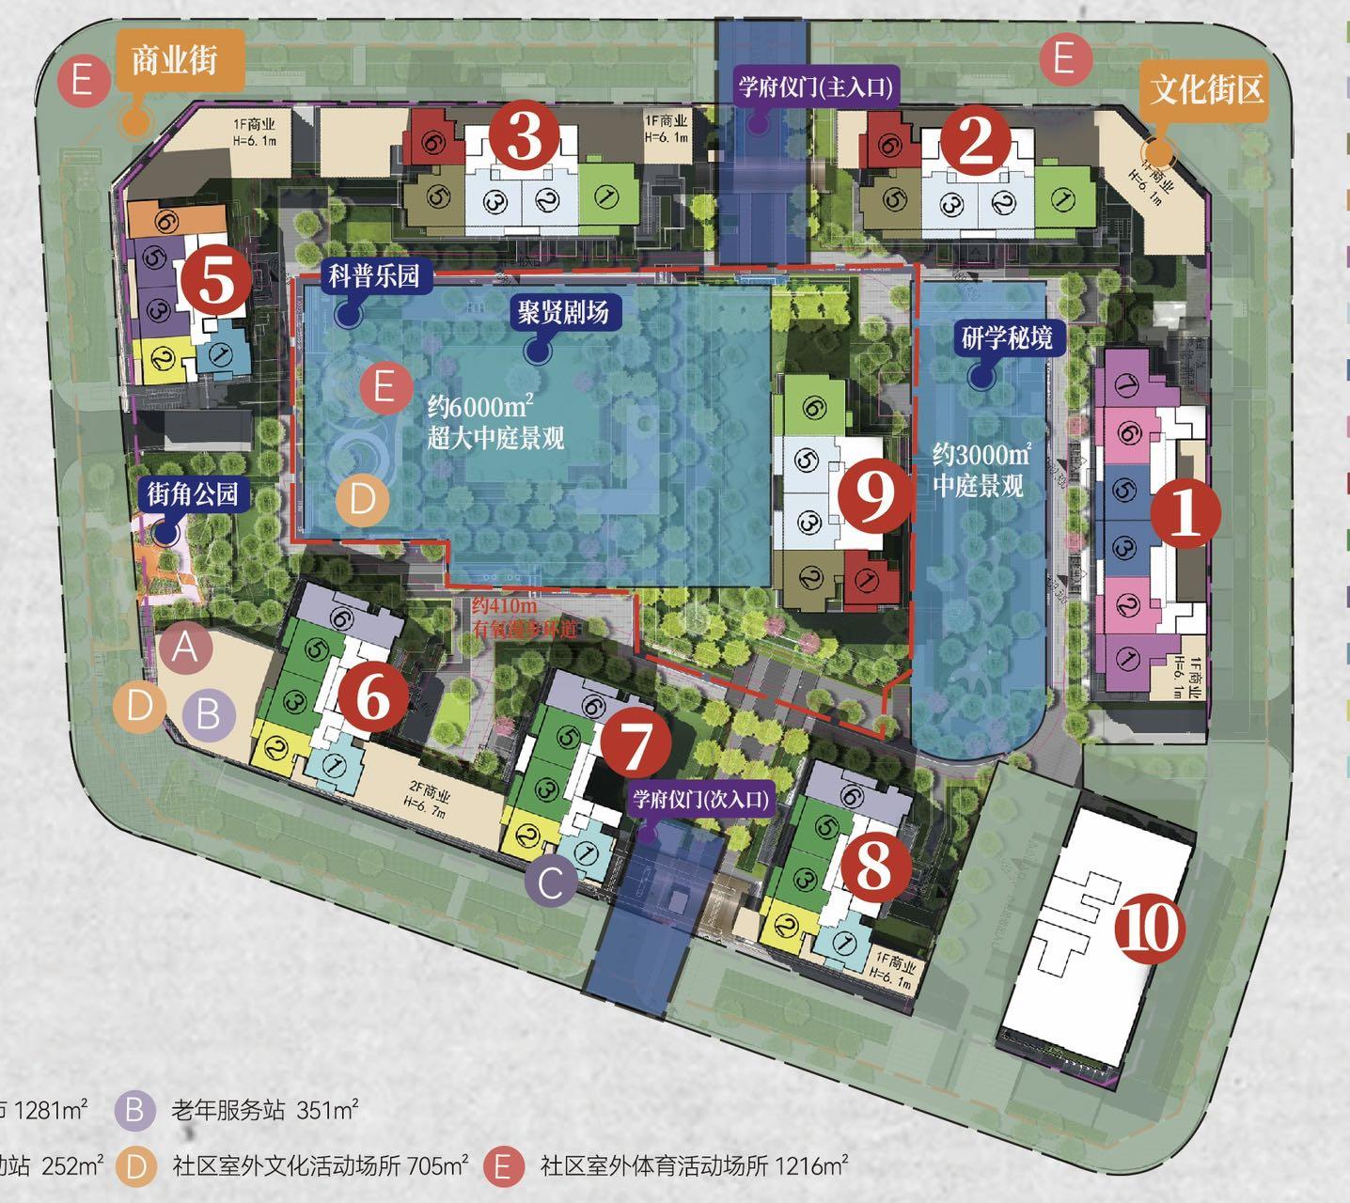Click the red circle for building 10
1150,930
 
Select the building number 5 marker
215,281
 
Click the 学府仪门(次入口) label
700,800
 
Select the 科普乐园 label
374,276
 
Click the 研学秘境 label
1006,338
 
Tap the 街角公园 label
192,493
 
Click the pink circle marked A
185,648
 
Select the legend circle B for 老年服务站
135,1111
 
